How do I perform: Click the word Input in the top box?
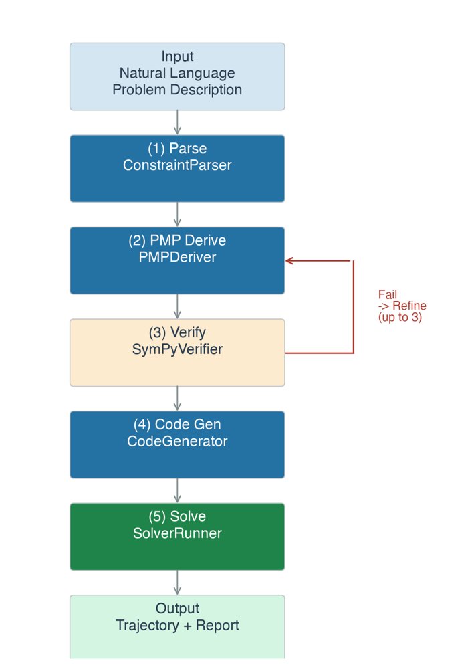(x=177, y=56)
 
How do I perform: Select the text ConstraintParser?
(x=177, y=165)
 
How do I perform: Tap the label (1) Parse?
(x=177, y=149)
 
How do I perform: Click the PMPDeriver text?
(x=177, y=257)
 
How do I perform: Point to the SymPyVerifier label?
(x=177, y=349)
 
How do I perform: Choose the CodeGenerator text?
(x=177, y=441)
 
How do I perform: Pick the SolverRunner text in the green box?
(x=177, y=533)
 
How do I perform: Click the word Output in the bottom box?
(x=177, y=608)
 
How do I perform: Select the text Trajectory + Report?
(x=177, y=625)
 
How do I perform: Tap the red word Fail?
(x=388, y=294)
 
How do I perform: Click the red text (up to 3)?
(x=400, y=317)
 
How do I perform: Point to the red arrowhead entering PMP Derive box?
(x=289, y=260)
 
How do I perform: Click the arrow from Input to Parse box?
(x=177, y=122)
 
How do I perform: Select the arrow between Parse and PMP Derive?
(x=177, y=214)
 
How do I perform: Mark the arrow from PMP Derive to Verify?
(x=177, y=306)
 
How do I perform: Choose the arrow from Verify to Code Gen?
(x=177, y=399)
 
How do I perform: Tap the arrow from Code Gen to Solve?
(x=177, y=490)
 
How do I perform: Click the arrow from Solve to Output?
(x=177, y=583)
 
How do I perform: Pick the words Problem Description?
(x=177, y=90)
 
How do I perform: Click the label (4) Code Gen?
(x=177, y=425)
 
